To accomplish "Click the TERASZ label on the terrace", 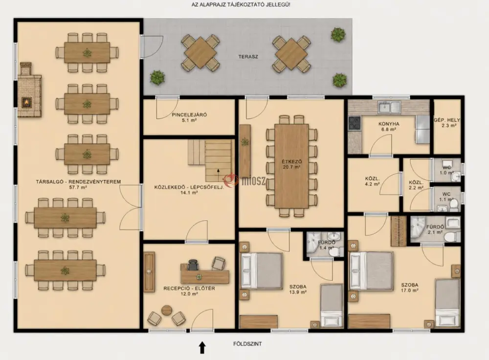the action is tap(248, 57).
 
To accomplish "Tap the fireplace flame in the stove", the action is tap(27, 102).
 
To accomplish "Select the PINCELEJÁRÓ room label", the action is tap(189, 114).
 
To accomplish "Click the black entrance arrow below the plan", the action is tap(202, 347).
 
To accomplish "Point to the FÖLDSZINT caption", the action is tap(247, 344).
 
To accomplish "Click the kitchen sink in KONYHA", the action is tap(389, 107).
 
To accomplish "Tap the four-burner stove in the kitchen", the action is tap(354, 123).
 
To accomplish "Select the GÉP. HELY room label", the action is tap(447, 120).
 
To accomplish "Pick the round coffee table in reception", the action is tap(167, 310).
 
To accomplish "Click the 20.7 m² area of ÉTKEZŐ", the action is tap(291, 167).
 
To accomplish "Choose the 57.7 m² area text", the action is tap(78, 187).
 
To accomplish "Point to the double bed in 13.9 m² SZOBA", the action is tap(261, 270).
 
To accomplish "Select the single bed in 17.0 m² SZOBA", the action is tap(447, 303).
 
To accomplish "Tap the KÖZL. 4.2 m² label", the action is tap(372, 181).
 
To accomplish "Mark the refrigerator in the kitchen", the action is tap(422, 130).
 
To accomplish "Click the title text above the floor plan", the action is tap(241, 5).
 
